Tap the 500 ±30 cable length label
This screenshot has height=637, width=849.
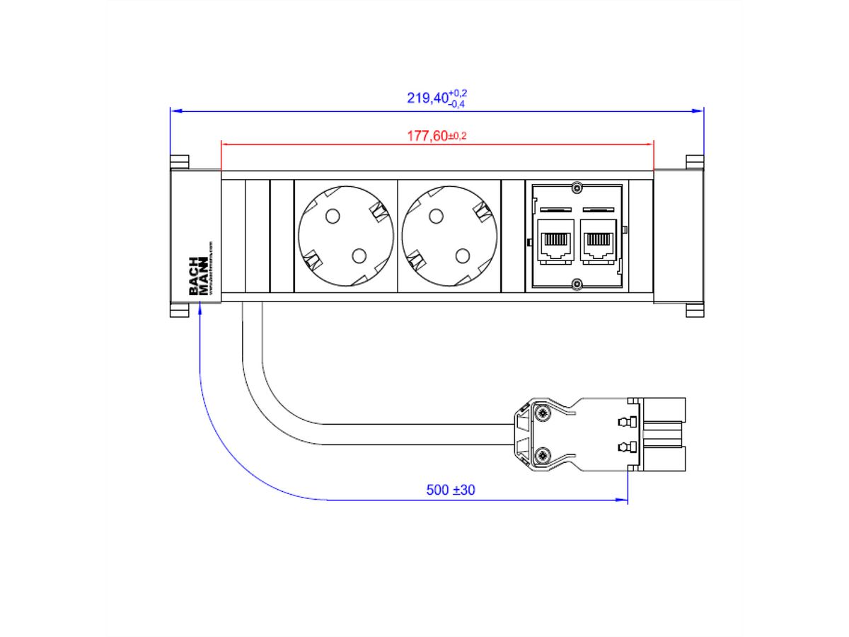451,490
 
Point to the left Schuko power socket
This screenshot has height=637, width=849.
345,236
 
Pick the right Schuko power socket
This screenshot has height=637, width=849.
449,236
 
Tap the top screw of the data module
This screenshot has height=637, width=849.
577,188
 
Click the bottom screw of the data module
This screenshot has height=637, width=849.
577,285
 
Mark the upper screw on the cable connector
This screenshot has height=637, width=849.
542,413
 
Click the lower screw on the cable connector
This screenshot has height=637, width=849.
542,455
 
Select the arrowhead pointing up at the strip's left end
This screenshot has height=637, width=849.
201,309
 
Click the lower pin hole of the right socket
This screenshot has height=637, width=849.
462,256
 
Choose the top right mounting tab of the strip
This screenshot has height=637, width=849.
695,162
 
